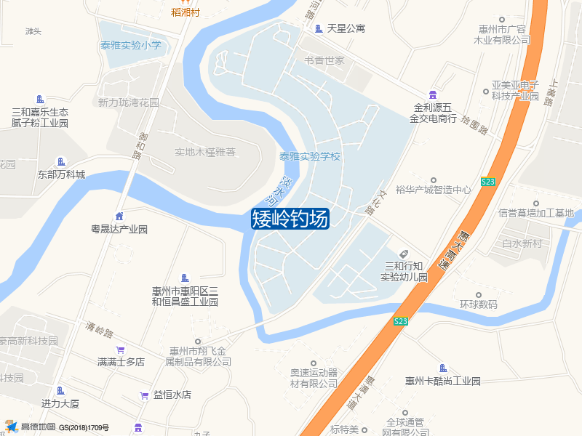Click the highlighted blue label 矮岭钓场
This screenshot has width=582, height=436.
click(x=290, y=218)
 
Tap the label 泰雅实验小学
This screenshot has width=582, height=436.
click(x=131, y=45)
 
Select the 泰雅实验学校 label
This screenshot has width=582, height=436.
click(x=310, y=156)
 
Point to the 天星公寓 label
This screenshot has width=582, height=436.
click(x=346, y=28)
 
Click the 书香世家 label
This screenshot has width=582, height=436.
click(x=324, y=60)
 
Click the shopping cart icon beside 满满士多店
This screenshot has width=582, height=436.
click(x=121, y=349)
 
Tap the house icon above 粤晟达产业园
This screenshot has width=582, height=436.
click(x=119, y=216)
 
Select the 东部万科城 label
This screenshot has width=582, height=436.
click(x=61, y=174)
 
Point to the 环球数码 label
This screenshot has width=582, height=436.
click(x=478, y=304)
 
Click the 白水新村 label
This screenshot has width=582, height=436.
click(x=522, y=243)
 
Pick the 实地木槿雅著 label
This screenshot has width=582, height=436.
click(x=205, y=153)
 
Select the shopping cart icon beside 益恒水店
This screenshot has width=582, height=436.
click(x=144, y=395)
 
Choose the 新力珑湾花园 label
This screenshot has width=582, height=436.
click(x=128, y=102)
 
